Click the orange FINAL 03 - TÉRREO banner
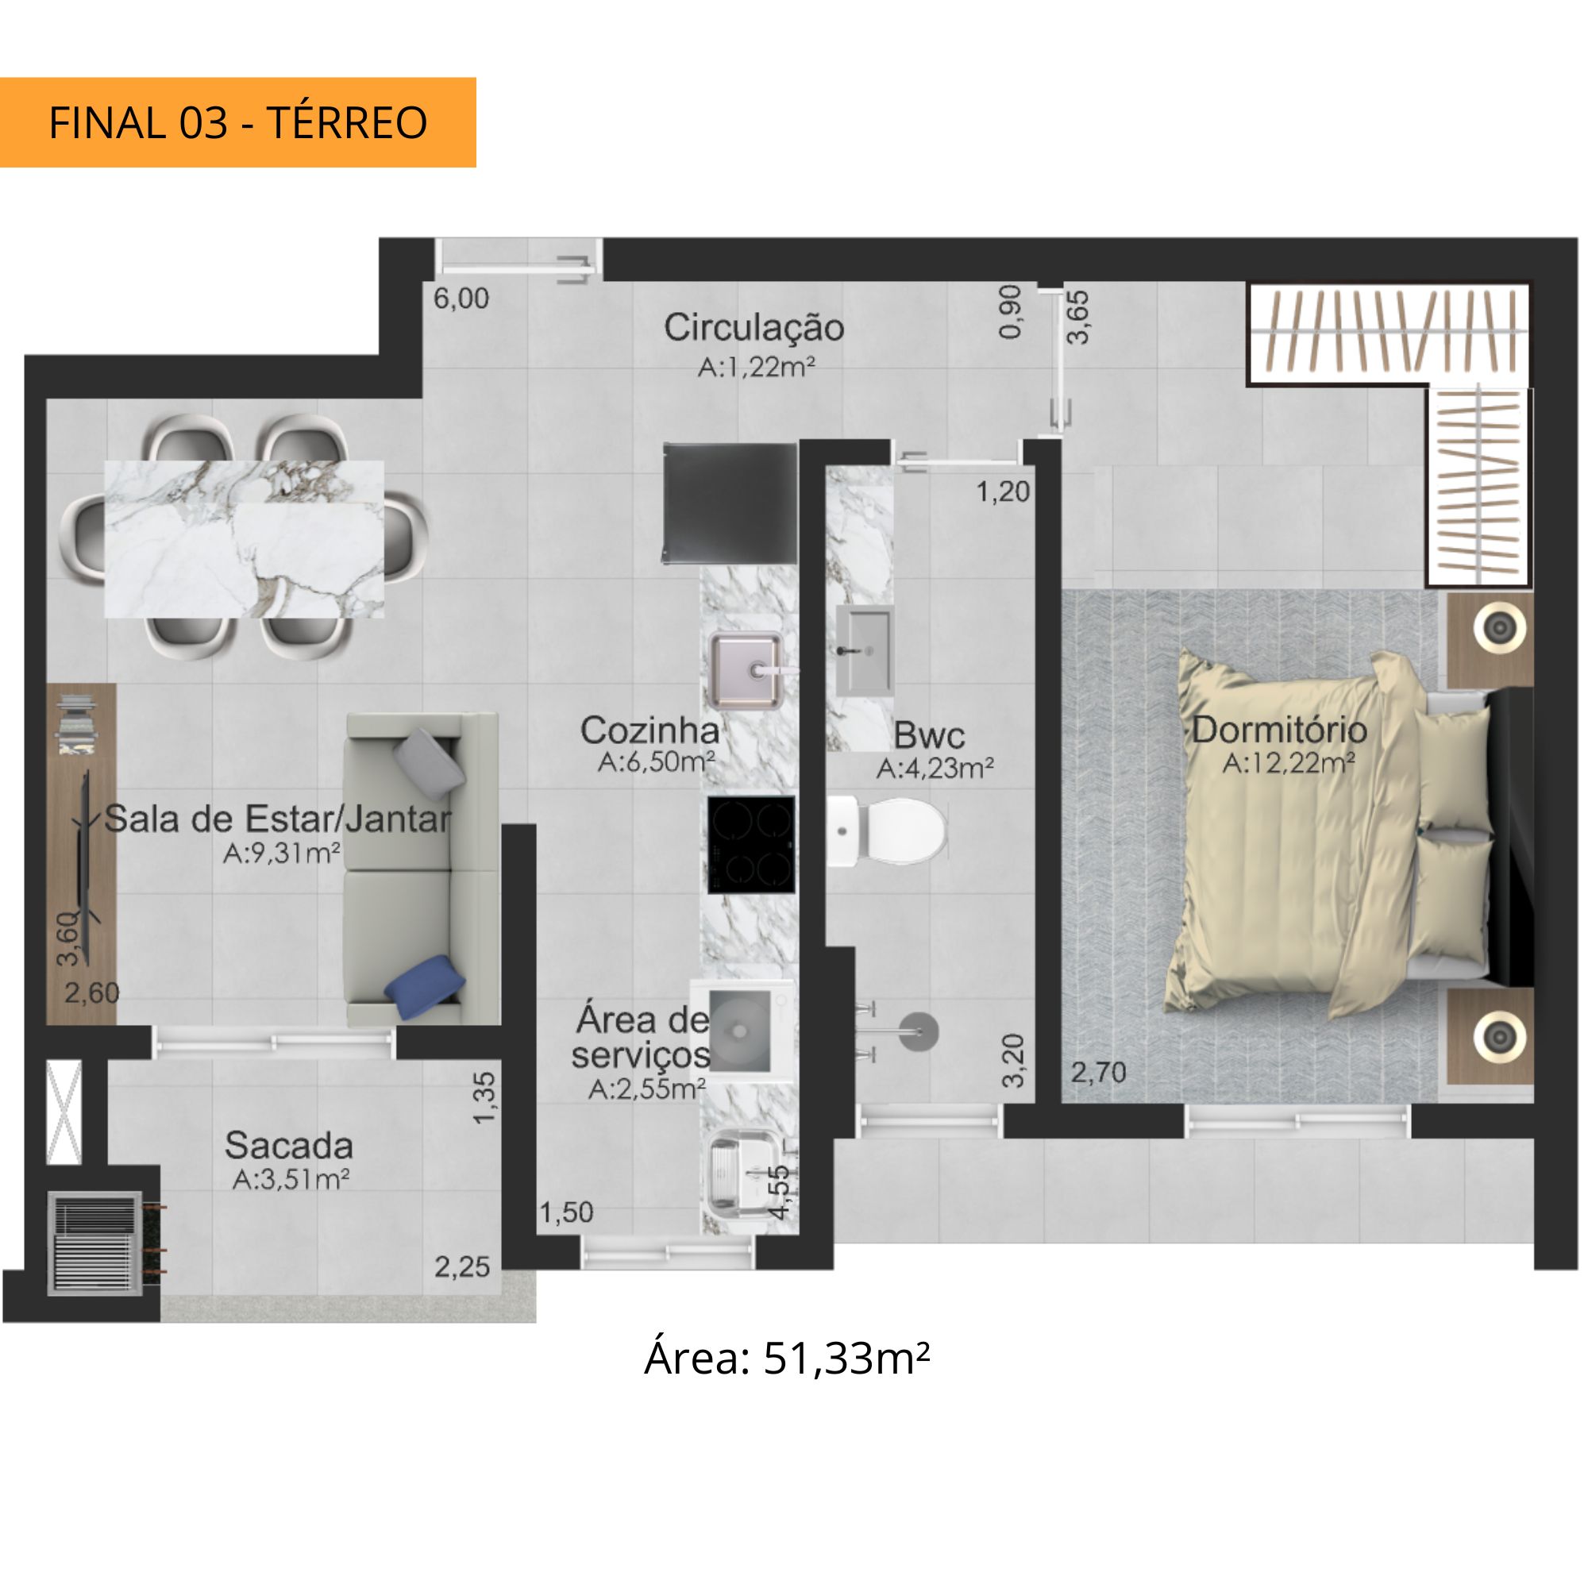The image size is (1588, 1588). coord(237,122)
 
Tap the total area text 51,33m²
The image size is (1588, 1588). coord(846,1359)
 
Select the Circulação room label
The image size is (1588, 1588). coord(754,327)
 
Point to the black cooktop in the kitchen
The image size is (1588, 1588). coord(751,844)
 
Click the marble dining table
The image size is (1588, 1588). coord(244,539)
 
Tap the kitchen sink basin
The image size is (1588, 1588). coord(746,670)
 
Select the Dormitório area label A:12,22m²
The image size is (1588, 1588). coord(1288,764)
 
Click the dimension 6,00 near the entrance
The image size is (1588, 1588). coord(461,299)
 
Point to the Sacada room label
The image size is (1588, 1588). coord(289,1145)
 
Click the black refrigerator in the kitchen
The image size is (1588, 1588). coord(730,503)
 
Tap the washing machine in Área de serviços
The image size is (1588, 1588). coord(742,1028)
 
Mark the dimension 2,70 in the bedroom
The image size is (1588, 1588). coord(1098,1073)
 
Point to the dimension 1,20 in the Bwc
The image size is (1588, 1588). coord(1003,492)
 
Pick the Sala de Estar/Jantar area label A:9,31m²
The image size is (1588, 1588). coord(282,854)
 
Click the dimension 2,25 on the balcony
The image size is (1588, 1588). coord(462,1266)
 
